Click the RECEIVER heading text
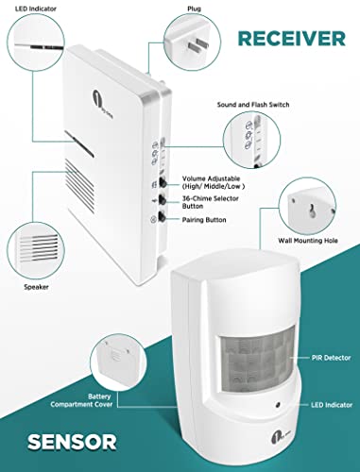tap(290, 38)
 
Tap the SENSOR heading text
tap(59, 440)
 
